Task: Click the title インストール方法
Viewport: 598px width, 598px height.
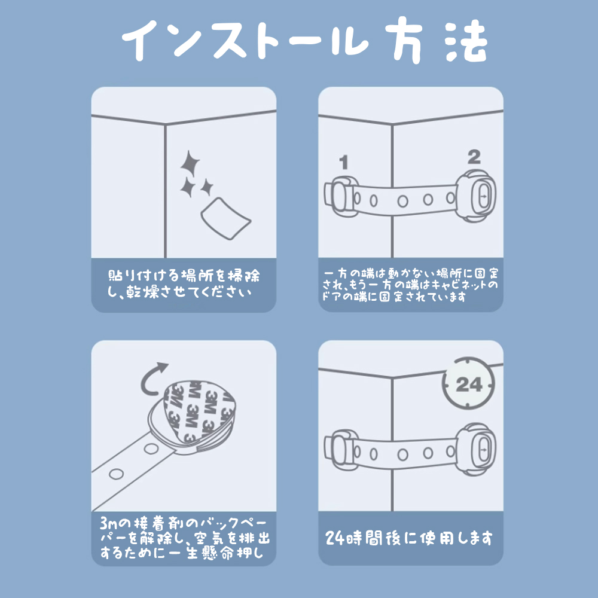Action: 299,41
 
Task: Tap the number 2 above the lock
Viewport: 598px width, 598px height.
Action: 474,157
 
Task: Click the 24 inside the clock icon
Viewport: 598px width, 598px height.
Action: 469,384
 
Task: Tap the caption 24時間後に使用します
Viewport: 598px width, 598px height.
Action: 410,538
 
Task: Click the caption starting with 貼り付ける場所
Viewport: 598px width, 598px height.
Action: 184,285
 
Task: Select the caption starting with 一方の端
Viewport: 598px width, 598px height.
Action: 410,285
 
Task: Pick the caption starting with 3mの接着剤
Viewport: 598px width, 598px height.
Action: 184,538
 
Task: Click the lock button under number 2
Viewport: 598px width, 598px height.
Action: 482,195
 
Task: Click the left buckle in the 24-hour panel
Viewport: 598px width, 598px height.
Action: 339,447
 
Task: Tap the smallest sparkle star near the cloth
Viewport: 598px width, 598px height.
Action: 207,188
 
